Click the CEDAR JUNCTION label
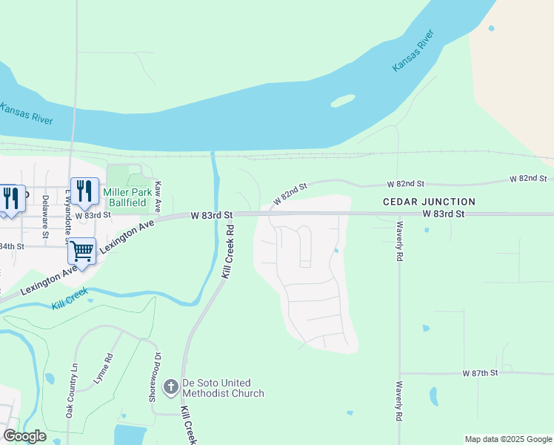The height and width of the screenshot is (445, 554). click(429, 202)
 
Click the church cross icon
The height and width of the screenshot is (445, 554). click(170, 386)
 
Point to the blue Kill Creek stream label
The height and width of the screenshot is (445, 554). click(70, 299)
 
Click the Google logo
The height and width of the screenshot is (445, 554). click(24, 436)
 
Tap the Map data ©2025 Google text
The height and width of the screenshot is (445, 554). click(507, 440)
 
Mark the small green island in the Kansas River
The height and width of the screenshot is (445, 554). click(342, 100)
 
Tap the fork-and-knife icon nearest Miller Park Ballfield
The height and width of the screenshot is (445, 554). click(84, 191)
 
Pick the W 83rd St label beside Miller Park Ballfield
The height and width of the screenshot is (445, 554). click(94, 215)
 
